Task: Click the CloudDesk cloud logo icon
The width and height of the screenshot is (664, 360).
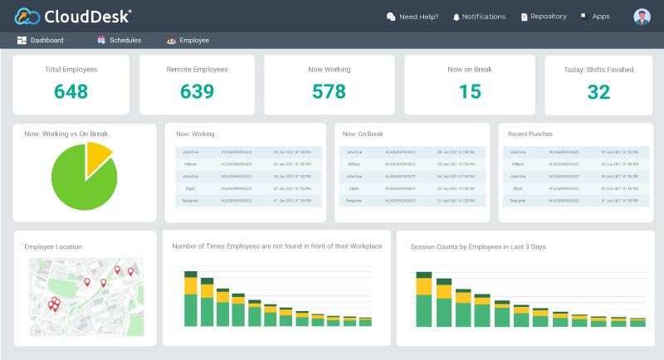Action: (x=27, y=16)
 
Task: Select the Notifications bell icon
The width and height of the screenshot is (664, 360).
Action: (x=456, y=17)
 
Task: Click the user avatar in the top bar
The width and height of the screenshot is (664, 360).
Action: (x=642, y=17)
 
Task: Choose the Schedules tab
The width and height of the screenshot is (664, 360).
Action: (x=124, y=40)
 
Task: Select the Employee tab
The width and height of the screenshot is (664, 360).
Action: (x=193, y=40)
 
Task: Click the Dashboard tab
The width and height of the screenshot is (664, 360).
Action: (x=46, y=40)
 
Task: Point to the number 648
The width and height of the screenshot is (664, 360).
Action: (x=71, y=91)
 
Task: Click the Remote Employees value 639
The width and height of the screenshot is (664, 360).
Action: (x=197, y=91)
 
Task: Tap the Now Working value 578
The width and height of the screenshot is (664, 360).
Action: (x=329, y=91)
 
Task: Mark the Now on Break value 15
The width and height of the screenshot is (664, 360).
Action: (x=470, y=91)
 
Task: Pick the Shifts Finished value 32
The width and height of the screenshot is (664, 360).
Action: (x=598, y=91)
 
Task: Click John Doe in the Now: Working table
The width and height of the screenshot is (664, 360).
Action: (x=190, y=152)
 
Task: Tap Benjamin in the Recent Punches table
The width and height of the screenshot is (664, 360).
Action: (x=517, y=202)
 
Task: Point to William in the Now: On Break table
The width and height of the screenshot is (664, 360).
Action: (x=354, y=164)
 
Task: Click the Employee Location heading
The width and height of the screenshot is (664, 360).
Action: (x=53, y=246)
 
